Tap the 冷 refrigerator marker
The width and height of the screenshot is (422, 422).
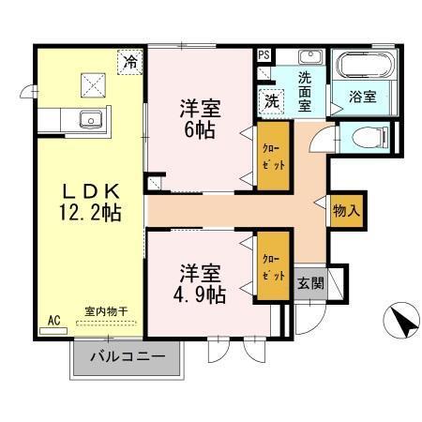130,63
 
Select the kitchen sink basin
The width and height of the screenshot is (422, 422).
91,119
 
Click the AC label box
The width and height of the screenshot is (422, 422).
53,320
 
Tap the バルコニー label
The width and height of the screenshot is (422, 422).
128,357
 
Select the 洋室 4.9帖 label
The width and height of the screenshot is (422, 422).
197,283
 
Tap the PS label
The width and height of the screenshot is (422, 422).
264,55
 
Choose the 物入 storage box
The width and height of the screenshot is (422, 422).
346,211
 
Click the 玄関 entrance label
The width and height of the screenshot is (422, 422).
310,282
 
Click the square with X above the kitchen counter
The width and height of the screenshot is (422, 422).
92,84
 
